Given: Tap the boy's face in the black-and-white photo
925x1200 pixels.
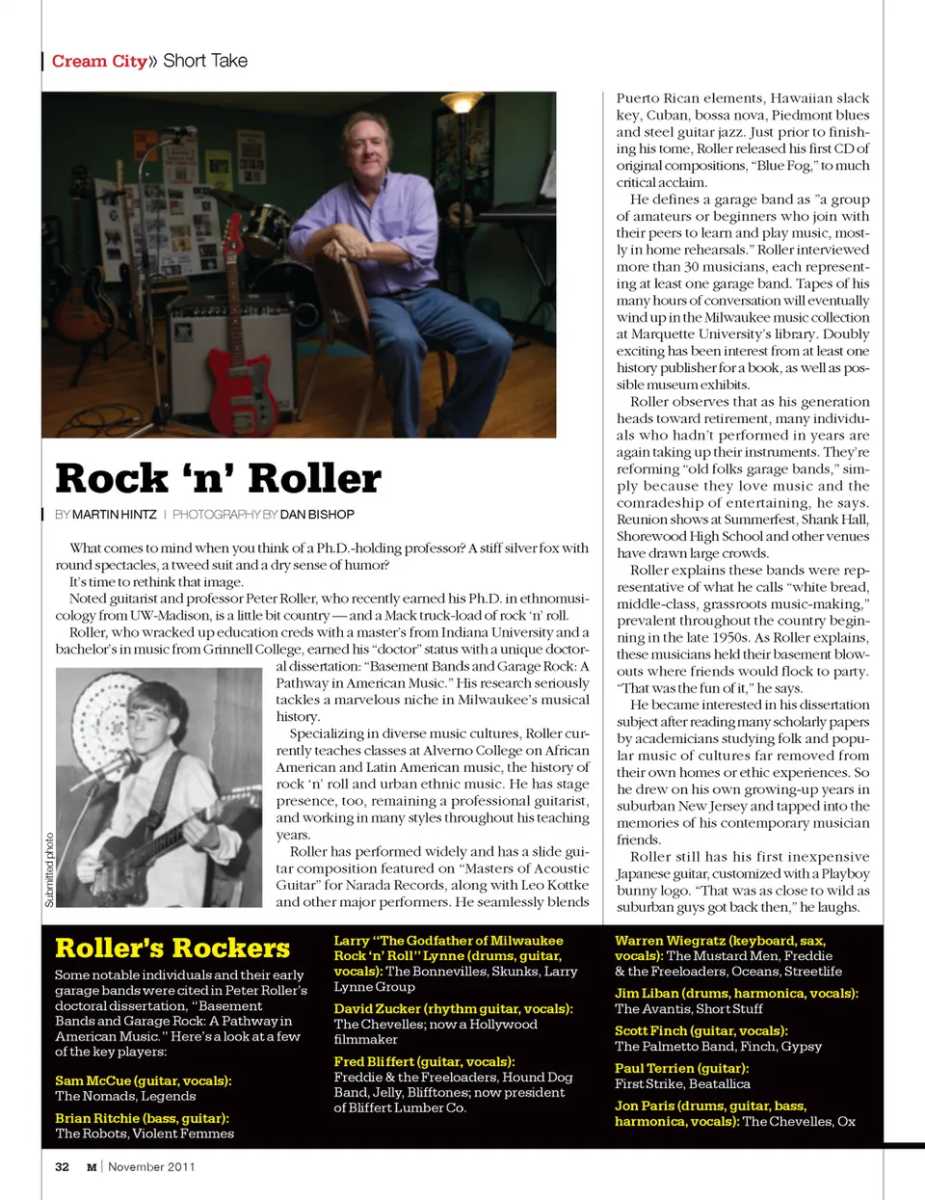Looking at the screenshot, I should click(155, 719).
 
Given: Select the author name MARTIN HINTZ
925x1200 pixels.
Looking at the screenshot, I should click(114, 515).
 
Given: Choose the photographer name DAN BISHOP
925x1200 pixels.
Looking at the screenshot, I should click(317, 515).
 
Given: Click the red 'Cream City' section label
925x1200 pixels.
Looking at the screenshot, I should click(99, 61).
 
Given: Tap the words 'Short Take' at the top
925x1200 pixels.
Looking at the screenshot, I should click(205, 61).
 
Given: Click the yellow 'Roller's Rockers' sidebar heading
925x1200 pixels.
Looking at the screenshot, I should click(172, 947).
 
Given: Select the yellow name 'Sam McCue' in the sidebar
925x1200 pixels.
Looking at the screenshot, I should click(92, 1080).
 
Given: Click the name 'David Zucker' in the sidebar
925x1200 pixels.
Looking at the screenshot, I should click(377, 1008).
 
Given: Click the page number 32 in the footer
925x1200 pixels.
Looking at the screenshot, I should click(62, 1166).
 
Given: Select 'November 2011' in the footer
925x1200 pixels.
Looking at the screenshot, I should click(151, 1166).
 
